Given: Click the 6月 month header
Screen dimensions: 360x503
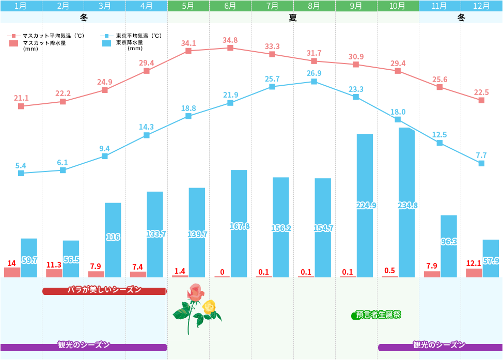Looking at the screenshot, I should point(230,6).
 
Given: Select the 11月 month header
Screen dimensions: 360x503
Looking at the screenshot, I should point(439,6).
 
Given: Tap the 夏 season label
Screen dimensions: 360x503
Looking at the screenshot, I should point(293,18).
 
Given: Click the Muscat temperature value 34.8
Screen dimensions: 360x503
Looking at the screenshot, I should point(230,40).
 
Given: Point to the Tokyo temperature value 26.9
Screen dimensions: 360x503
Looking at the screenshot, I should point(314,73).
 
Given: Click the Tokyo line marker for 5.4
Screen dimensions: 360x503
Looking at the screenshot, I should point(21,173).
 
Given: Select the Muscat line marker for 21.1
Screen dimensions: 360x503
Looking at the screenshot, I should point(21,106).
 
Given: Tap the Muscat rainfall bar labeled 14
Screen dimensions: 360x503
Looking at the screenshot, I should point(12,272).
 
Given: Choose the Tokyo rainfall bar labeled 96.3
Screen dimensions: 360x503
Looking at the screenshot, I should point(449,246).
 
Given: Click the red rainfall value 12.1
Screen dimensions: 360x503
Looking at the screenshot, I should point(474,263).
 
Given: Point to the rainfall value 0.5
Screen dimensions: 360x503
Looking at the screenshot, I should point(390,271).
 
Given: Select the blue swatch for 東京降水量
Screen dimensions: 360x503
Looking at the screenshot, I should point(107,43).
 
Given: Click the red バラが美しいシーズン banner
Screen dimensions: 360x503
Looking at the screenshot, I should point(104,291).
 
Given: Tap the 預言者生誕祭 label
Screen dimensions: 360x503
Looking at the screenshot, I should point(378,315).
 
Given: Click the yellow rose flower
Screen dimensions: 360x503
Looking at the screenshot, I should point(209,307).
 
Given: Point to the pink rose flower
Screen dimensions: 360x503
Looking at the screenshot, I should point(196,292).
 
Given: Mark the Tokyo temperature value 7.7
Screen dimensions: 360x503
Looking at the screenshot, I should point(481,155).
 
